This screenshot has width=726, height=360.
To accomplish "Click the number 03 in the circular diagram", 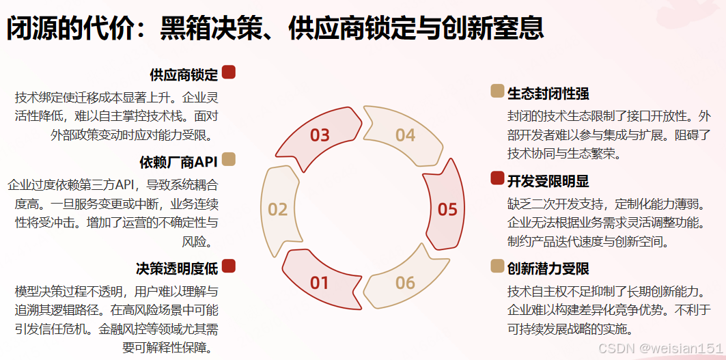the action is (320, 135).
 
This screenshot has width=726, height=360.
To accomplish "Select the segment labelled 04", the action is (406, 135).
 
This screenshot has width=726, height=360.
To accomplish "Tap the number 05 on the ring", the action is (447, 208).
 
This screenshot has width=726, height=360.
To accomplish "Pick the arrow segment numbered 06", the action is (405, 282).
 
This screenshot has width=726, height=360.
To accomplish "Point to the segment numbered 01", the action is (320, 282).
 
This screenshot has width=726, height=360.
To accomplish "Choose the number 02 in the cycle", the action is (277, 208).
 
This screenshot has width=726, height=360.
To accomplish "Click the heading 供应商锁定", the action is (184, 74).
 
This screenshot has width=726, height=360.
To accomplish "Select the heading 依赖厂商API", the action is (178, 162).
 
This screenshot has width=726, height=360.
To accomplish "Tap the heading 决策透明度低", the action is (177, 267).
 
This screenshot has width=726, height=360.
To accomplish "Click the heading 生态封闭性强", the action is (548, 93).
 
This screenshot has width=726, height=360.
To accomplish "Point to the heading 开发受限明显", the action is (548, 181).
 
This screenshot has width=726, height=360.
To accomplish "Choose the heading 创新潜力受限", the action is (548, 268).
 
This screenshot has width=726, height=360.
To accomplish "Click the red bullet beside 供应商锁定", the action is (229, 72).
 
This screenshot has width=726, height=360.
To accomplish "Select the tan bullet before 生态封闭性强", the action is (497, 91).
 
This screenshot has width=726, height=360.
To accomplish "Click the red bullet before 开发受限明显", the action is (497, 179).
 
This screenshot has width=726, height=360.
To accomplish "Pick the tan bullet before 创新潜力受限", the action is (497, 266).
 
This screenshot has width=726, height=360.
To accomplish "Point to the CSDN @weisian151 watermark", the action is (660, 348).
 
